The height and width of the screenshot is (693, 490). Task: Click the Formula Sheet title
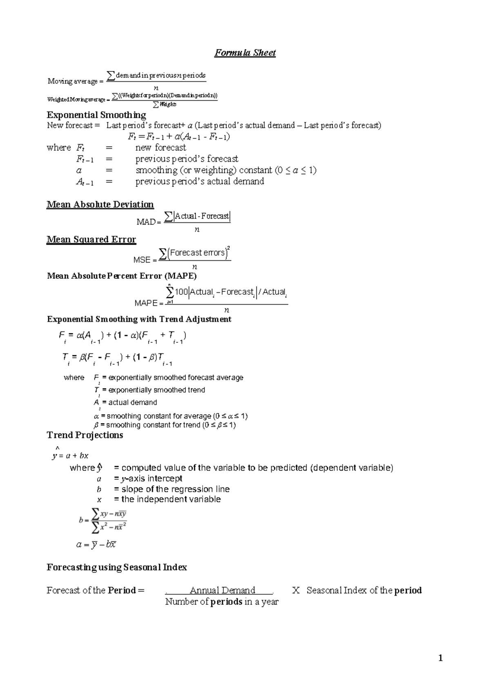[245, 53]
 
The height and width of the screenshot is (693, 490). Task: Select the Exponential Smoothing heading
[96, 115]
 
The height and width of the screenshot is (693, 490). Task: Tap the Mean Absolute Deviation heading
[100, 204]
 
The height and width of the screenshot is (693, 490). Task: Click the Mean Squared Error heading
[91, 240]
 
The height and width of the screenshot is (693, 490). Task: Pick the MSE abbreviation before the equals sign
[142, 260]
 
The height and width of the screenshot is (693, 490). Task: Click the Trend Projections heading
[85, 435]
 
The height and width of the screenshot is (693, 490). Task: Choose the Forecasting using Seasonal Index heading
[117, 567]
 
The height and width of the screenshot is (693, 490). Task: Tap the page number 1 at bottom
[440, 658]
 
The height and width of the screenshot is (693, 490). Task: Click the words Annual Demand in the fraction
[222, 590]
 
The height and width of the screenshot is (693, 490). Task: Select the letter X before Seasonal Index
[296, 590]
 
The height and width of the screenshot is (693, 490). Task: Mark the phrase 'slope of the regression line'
[176, 489]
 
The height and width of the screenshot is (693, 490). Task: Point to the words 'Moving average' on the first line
[72, 81]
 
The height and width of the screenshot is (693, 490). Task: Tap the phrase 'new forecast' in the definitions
[160, 148]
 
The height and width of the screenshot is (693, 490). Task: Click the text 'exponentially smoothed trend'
[156, 390]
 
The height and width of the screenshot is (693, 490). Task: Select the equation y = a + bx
[70, 456]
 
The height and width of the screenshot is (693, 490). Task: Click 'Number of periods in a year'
[222, 602]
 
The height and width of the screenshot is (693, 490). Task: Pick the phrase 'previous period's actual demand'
[200, 181]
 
